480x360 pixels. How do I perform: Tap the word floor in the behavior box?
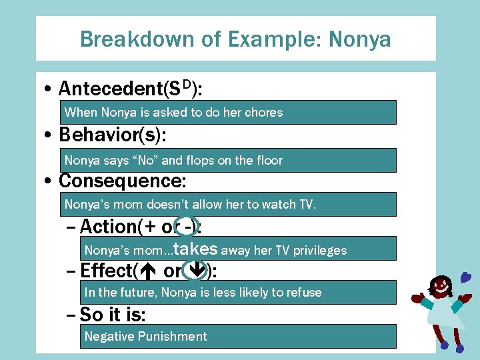(x=267, y=160)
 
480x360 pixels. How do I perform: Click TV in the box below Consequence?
(x=305, y=204)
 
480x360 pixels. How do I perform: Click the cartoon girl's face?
(x=440, y=287)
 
